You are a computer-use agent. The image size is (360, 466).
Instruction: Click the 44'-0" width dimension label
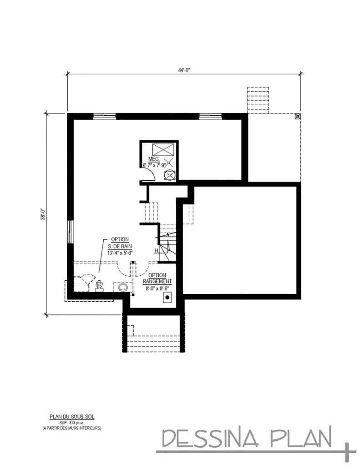(184, 70)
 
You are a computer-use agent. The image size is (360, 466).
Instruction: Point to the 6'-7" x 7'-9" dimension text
(155, 165)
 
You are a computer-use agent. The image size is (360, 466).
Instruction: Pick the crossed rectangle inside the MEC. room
(163, 149)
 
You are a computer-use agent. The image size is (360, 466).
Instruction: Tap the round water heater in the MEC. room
(169, 175)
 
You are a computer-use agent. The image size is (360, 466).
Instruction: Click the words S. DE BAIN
(120, 246)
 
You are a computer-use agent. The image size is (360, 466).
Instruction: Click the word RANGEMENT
(157, 281)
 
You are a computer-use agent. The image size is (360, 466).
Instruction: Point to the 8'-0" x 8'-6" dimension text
(157, 288)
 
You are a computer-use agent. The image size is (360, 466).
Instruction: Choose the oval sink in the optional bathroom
(122, 287)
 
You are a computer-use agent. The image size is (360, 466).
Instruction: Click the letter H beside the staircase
(156, 250)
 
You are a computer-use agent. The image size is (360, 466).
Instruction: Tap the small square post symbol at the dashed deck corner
(297, 116)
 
